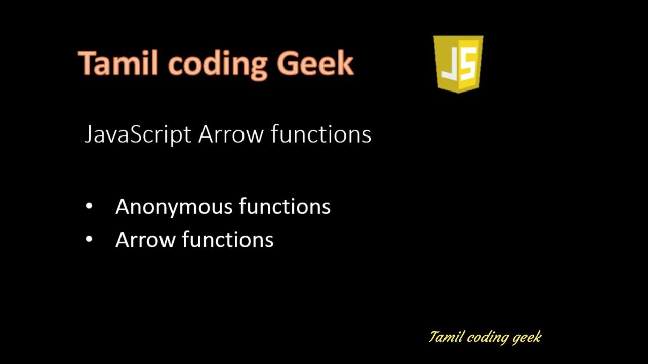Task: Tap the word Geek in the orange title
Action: tap(315, 64)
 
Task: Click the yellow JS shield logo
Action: tap(459, 64)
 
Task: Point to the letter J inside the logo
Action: tap(450, 66)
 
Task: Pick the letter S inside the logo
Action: tap(468, 66)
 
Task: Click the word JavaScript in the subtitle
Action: tap(138, 135)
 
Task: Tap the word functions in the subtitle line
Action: tap(321, 135)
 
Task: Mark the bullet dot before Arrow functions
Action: tap(90, 240)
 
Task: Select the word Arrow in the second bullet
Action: tap(145, 240)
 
